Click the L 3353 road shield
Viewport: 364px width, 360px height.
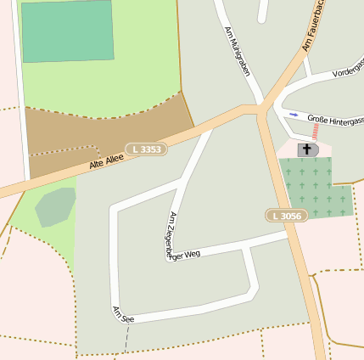146,149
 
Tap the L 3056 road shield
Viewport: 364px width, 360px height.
286,216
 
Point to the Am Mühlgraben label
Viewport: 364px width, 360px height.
238,51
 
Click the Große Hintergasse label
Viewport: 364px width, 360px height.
335,121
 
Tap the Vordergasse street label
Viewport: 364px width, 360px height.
348,72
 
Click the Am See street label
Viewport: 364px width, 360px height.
123,315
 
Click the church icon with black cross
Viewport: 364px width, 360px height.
306,149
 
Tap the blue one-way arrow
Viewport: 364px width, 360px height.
294,114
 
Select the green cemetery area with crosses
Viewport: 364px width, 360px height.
316,188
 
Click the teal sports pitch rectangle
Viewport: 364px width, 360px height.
67,31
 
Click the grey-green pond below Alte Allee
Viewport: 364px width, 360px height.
55,207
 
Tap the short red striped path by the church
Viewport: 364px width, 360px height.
316,132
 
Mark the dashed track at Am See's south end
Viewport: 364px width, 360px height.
126,340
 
